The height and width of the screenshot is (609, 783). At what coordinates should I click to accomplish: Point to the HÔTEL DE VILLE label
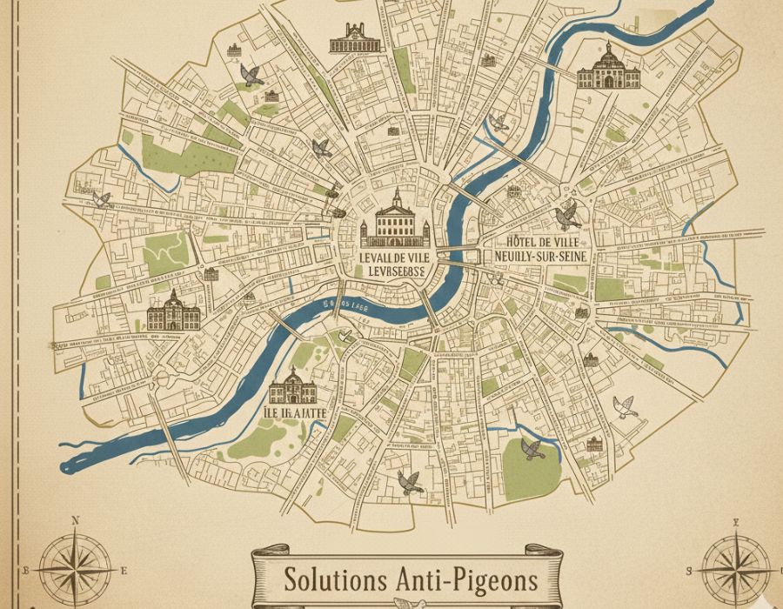pyautogui.click(x=539, y=241)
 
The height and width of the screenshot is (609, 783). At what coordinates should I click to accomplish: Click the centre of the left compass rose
pyautogui.click(x=74, y=570)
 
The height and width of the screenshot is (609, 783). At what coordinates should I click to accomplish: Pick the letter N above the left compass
pyautogui.click(x=75, y=521)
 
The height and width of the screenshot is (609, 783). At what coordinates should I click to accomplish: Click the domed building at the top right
pyautogui.click(x=608, y=68)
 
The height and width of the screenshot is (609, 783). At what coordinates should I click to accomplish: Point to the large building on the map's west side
pyautogui.click(x=173, y=312)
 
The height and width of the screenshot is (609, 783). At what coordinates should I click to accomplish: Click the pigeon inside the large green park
pyautogui.click(x=532, y=449)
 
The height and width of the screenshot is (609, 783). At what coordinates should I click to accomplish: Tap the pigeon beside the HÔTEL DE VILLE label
pyautogui.click(x=567, y=214)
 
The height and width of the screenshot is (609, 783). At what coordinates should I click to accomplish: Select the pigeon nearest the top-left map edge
pyautogui.click(x=252, y=76)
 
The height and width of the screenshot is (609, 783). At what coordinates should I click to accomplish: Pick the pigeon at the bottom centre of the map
pyautogui.click(x=409, y=482)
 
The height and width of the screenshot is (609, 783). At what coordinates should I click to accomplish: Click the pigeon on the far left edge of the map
pyautogui.click(x=102, y=199)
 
